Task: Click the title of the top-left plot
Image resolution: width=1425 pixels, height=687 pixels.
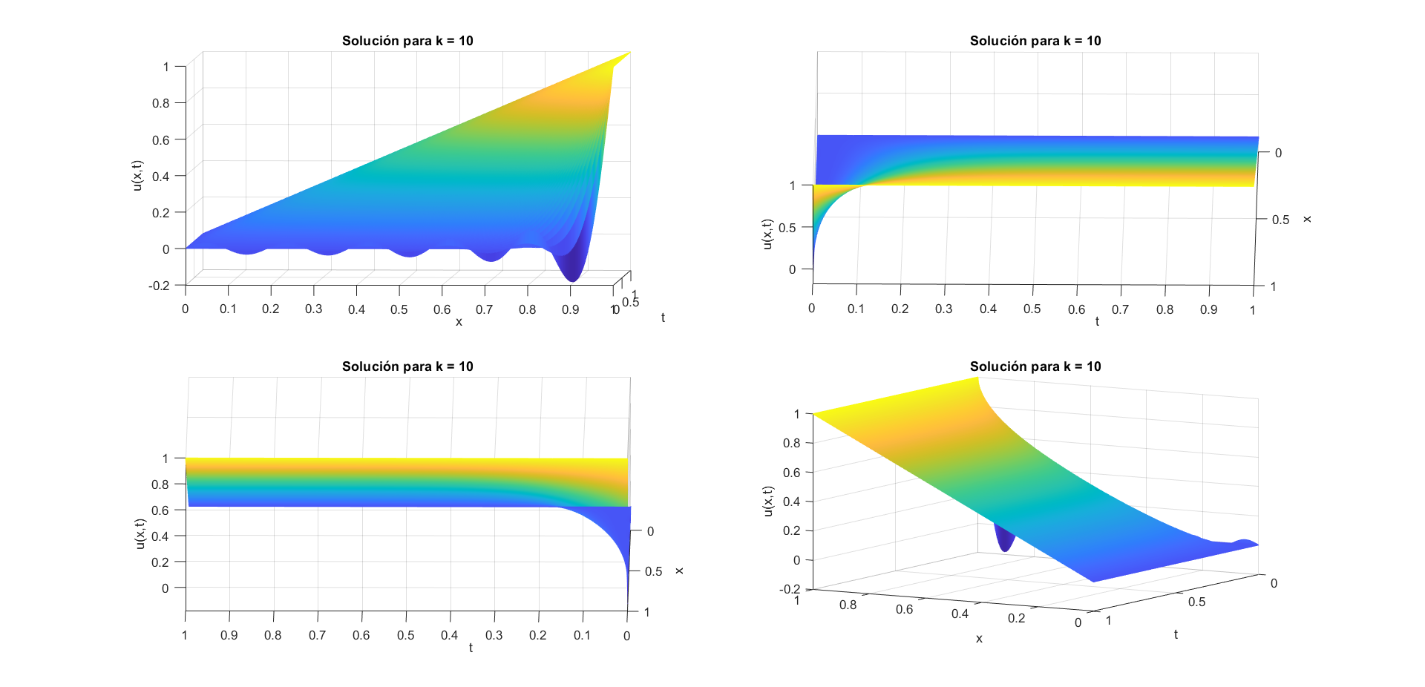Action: tap(407, 41)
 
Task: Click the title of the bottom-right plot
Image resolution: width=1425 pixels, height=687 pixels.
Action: tap(1035, 366)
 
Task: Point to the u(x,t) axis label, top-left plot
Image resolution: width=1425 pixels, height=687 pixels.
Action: tap(137, 176)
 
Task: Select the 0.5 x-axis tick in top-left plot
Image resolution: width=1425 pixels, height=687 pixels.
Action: tap(399, 309)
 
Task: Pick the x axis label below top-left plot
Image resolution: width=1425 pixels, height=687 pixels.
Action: tap(459, 322)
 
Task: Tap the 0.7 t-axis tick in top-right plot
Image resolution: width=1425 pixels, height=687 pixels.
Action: tap(1120, 309)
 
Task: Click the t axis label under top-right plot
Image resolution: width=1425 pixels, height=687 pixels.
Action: tap(1097, 322)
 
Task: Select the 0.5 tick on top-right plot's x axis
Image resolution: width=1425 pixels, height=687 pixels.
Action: tap(1280, 220)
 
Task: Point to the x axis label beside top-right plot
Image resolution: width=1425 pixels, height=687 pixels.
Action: tap(1307, 219)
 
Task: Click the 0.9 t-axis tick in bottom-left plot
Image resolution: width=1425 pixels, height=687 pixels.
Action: tap(229, 636)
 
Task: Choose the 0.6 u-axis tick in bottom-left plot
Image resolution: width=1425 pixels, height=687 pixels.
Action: tap(160, 510)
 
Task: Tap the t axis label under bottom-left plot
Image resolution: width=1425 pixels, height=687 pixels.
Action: tap(471, 648)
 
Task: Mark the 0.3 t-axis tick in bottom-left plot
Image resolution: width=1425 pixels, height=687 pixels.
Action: tap(494, 636)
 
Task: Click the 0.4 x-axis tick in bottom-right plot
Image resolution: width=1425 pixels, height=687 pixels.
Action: tap(960, 614)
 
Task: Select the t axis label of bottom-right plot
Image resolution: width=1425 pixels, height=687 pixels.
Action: tap(1176, 634)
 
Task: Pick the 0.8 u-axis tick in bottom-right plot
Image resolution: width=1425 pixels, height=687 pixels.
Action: tap(792, 443)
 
